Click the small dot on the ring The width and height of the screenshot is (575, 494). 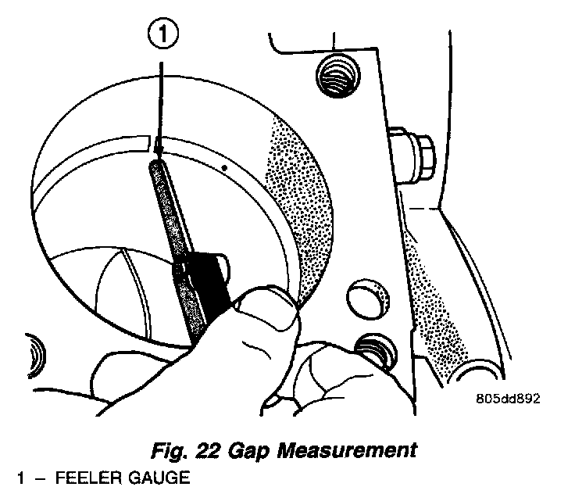pos(224,166)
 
